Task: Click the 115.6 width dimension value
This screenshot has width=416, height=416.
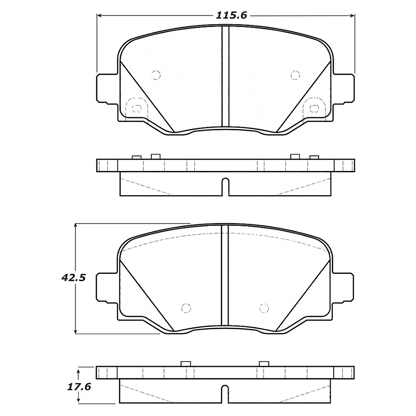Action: tap(231, 15)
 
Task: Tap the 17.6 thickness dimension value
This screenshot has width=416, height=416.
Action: tap(79, 386)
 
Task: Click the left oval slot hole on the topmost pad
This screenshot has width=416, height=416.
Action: tap(136, 108)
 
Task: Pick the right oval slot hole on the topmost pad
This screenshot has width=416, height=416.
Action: tap(314, 108)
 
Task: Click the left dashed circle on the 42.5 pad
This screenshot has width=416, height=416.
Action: tap(185, 308)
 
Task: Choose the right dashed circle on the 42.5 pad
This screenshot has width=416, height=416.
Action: tap(263, 308)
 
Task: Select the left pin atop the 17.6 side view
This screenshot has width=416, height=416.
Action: tap(185, 364)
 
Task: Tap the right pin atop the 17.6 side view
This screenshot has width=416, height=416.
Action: tap(263, 364)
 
